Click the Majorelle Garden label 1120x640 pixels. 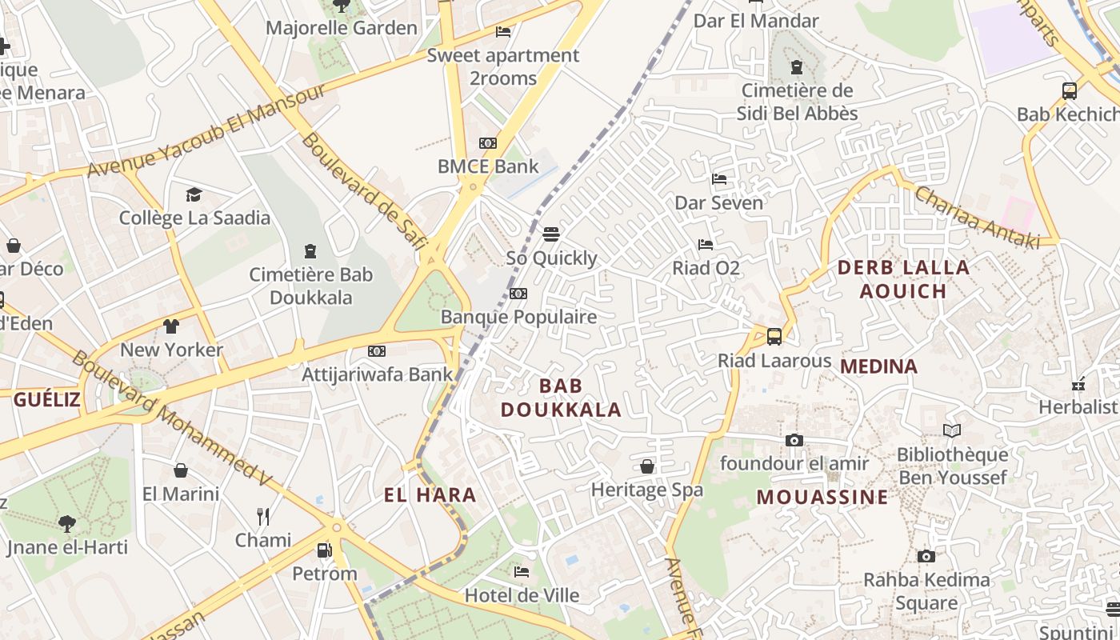click(342, 28)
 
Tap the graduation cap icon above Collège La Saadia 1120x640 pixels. click(194, 194)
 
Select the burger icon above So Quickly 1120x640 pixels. click(550, 234)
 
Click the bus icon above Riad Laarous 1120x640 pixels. click(774, 337)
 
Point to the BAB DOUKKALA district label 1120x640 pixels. click(561, 398)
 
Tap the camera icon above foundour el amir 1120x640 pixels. click(794, 440)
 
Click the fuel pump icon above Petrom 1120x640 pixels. click(324, 550)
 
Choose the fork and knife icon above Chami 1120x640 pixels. click(262, 516)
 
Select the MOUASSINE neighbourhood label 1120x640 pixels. click(822, 497)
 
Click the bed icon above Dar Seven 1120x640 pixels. click(719, 179)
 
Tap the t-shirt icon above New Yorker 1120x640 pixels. click(171, 326)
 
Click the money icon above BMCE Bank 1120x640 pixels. click(487, 143)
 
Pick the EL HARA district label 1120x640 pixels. click(430, 494)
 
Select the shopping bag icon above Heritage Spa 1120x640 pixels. click(646, 466)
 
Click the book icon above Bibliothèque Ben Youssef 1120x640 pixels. click(951, 431)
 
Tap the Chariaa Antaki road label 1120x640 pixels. click(976, 217)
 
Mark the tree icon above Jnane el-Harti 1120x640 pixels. click(67, 524)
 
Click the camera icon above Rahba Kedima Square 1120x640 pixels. click(926, 556)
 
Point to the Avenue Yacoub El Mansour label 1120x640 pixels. click(206, 130)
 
